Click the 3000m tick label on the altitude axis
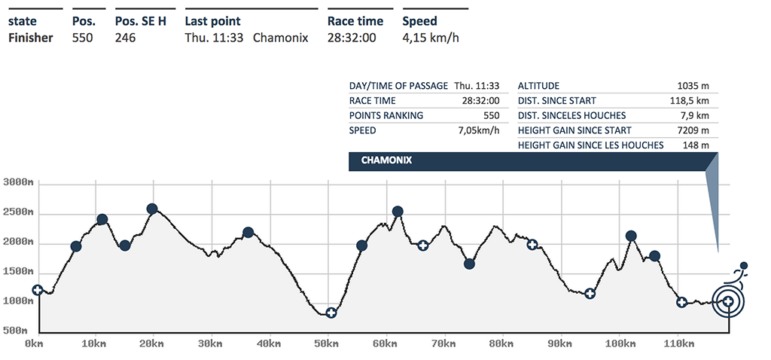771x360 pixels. pos(15,183)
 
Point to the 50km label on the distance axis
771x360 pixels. pos(327,343)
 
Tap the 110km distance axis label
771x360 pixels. pos(680,343)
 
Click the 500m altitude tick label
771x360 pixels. pos(15,331)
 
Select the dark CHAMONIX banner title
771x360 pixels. pos(385,160)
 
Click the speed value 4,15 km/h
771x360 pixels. pos(431,38)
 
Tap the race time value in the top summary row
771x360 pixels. pos(352,38)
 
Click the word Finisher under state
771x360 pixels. pos(30,38)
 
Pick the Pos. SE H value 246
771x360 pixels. pos(125,38)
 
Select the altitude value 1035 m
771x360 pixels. pos(693,86)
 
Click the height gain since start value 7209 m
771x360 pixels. pos(693,130)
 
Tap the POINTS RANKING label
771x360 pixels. pos(386,115)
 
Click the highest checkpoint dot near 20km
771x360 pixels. pos(152,209)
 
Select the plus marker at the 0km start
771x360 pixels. pos(37,290)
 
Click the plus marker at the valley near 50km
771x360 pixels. pos(331,313)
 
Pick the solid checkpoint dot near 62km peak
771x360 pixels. pos(398,212)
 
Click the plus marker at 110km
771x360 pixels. pos(681,303)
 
